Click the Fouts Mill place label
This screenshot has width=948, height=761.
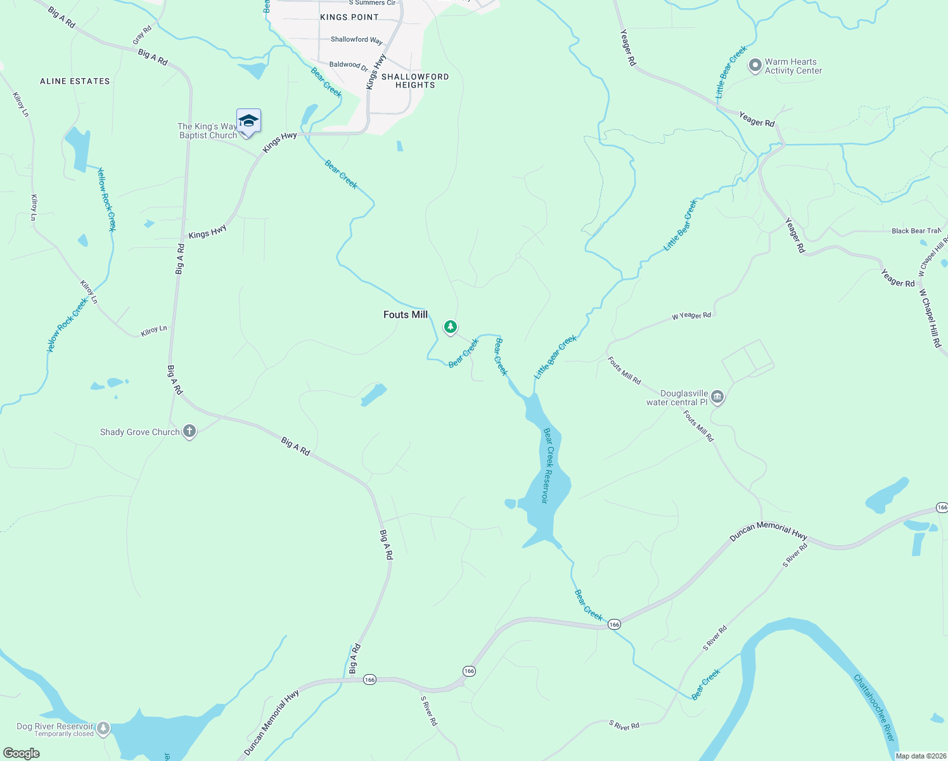click(x=406, y=315)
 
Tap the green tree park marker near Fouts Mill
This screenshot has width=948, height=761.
click(x=450, y=327)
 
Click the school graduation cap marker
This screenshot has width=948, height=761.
click(x=248, y=120)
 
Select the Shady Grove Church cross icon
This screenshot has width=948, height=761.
click(x=189, y=432)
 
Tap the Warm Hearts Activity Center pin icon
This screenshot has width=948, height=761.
click(x=755, y=66)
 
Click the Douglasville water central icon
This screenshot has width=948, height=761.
click(x=717, y=398)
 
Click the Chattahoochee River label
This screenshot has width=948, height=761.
click(x=874, y=708)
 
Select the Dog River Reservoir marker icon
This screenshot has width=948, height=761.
click(x=103, y=728)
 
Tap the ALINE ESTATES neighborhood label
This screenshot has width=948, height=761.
click(x=75, y=81)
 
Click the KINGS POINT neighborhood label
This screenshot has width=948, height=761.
click(x=349, y=17)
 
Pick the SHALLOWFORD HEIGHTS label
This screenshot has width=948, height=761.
click(x=415, y=81)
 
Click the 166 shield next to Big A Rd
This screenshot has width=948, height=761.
click(x=369, y=680)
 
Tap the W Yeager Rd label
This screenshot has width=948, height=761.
click(x=691, y=315)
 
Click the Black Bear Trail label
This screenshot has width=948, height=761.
click(x=916, y=231)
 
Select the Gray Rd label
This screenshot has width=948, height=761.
click(x=143, y=35)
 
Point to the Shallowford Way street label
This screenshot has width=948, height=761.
click(x=357, y=39)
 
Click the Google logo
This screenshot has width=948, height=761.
click(x=22, y=753)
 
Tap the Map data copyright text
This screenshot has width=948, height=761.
click(x=921, y=756)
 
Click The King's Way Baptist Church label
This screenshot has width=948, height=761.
click(x=207, y=131)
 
